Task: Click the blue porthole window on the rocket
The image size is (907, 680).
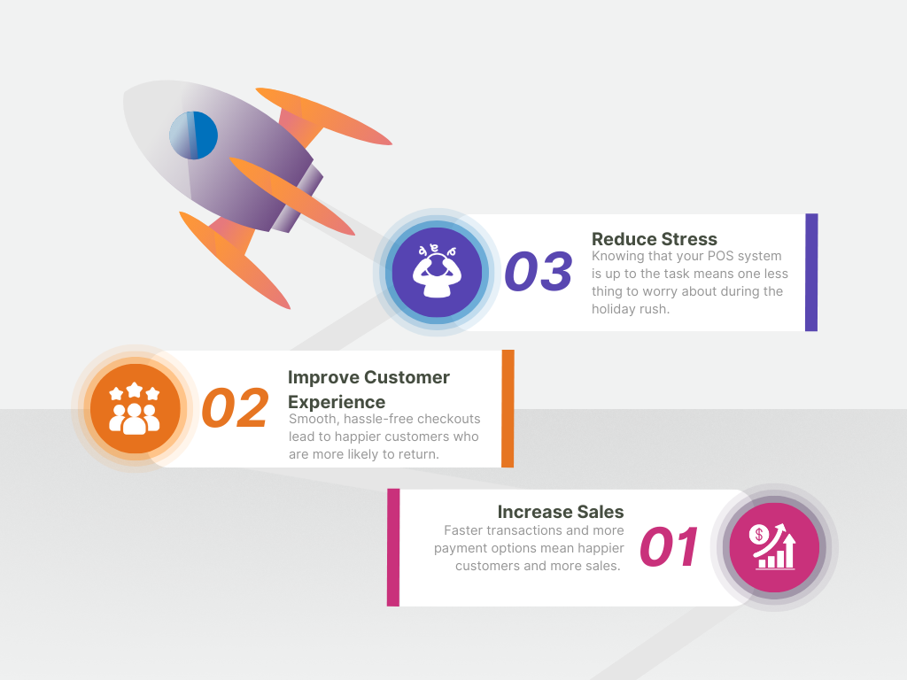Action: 193,135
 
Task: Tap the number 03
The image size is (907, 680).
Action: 539,271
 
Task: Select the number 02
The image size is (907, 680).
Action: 235,407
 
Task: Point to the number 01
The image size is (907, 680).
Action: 670,546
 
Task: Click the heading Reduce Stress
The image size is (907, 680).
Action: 655,239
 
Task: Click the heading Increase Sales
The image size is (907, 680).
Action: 561,512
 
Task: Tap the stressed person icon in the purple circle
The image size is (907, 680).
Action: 437,271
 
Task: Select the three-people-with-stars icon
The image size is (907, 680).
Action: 135,408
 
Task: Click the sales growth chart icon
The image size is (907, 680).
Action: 774,546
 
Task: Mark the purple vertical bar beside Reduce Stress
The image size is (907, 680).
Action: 811,273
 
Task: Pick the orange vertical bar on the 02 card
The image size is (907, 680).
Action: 508,408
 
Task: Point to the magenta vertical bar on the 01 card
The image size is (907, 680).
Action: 393,547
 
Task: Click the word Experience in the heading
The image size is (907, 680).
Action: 337,402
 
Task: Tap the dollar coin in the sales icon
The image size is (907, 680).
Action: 758,534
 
